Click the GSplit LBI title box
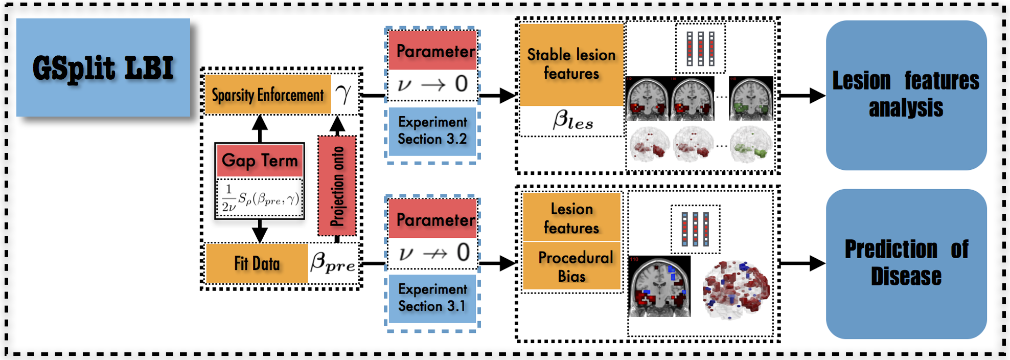point(103,67)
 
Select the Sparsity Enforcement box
point(268,94)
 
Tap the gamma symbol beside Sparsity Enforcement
point(343,94)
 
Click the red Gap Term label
point(260,161)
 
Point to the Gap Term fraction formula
point(260,198)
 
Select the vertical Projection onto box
point(337,186)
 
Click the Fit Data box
point(257,263)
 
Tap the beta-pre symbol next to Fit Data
point(333,262)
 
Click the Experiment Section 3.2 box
point(432,131)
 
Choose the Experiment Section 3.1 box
point(432,298)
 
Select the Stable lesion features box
point(571,64)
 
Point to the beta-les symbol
point(572,121)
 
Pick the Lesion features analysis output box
point(906,95)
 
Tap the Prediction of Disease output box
point(906,264)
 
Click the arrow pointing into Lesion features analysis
point(802,95)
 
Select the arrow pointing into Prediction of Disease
point(802,263)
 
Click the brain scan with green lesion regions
point(751,99)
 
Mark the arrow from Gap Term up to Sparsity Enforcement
point(260,128)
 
